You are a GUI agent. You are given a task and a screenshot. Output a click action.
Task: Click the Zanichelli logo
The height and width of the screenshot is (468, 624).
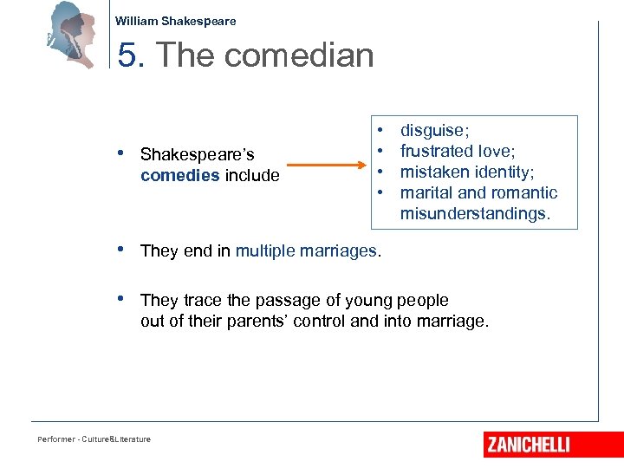[528, 445]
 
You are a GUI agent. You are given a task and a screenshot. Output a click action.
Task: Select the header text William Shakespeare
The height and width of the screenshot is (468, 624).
[175, 21]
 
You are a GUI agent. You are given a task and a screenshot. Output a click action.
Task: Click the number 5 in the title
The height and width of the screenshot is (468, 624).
[127, 55]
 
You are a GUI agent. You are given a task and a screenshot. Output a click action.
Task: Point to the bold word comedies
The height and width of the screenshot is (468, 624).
[179, 176]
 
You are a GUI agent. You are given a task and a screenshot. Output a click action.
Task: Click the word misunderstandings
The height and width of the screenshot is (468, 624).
[475, 213]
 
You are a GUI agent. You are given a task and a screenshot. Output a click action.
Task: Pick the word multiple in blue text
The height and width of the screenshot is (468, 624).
[265, 251]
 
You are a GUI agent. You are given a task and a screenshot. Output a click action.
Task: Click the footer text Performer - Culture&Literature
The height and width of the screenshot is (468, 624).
[94, 439]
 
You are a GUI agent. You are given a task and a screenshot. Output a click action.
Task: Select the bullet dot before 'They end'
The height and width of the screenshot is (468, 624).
[121, 250]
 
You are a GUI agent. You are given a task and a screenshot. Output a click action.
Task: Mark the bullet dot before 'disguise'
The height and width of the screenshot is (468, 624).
[381, 130]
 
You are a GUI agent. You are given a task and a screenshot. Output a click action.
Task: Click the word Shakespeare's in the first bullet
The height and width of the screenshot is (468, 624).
[197, 155]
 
